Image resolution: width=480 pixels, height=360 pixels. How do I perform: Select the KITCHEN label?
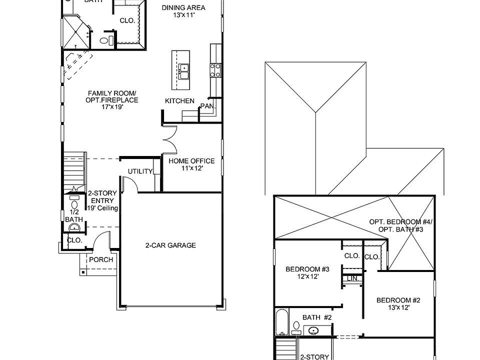pyautogui.click(x=179, y=101)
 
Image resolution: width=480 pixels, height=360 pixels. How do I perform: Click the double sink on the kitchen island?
pyautogui.click(x=184, y=71)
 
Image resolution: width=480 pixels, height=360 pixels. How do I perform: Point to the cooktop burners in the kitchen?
pyautogui.click(x=215, y=69)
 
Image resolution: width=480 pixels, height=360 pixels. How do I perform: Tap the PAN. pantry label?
pyautogui.click(x=206, y=106)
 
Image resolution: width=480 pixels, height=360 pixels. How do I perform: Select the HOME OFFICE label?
pyautogui.click(x=191, y=161)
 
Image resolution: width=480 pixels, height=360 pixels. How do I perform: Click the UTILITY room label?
pyautogui.click(x=140, y=171)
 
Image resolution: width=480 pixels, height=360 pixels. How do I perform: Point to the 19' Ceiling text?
pyautogui.click(x=102, y=208)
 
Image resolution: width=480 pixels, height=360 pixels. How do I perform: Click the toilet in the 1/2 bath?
pyautogui.click(x=74, y=204)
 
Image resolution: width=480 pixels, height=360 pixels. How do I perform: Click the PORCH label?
pyautogui.click(x=101, y=259)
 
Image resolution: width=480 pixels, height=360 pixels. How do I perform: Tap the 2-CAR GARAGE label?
pyautogui.click(x=170, y=245)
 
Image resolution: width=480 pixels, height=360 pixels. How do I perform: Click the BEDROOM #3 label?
pyautogui.click(x=307, y=269)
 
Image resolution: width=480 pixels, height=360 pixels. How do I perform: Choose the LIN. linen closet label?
pyautogui.click(x=352, y=278)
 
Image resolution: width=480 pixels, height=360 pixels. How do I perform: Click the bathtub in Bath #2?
pyautogui.click(x=281, y=322)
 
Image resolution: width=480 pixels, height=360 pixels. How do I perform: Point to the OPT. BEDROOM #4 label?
pyautogui.click(x=401, y=221)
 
